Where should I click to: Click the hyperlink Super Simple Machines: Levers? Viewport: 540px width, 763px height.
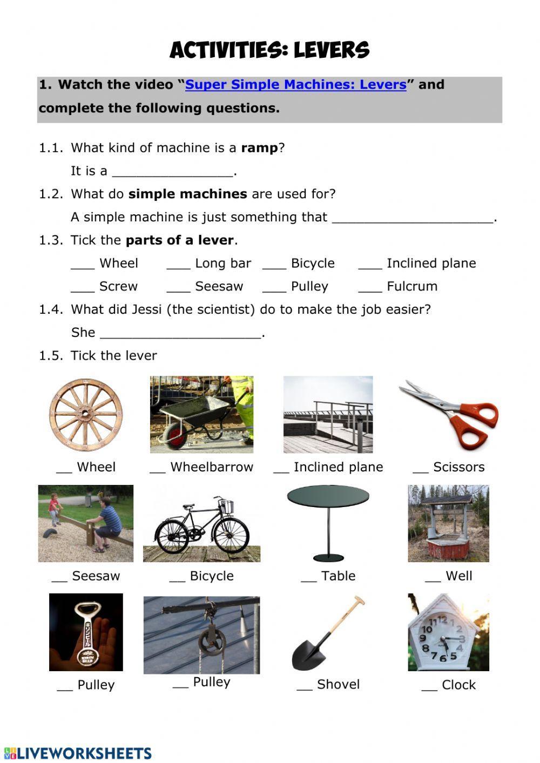[x=295, y=85]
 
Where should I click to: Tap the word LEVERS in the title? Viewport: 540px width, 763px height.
[x=332, y=51]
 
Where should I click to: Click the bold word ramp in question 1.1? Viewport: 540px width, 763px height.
[x=259, y=148]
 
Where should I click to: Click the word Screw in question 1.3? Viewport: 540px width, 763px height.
[x=118, y=286]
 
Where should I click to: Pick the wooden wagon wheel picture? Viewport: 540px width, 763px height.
[x=85, y=415]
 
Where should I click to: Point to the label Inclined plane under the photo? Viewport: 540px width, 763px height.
[x=338, y=467]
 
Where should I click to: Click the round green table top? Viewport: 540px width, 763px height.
[x=328, y=495]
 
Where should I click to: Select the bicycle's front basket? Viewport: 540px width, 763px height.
[x=227, y=507]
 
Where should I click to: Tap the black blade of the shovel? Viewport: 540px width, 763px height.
[x=309, y=652]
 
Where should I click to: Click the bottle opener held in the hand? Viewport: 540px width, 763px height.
[x=86, y=632]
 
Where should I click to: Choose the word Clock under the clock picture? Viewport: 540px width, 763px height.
[x=458, y=685]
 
